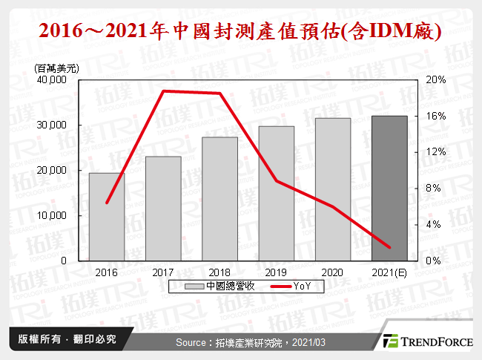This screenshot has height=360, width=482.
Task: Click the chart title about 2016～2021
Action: (241, 32)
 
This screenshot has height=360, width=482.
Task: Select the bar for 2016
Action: (107, 217)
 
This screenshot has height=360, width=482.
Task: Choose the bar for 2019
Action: (277, 193)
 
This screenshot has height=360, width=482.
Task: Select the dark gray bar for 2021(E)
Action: (389, 188)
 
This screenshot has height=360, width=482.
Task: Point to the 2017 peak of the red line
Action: (163, 91)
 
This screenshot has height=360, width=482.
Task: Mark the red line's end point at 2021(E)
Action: (389, 247)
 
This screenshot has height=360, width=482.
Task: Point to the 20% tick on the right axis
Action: (435, 80)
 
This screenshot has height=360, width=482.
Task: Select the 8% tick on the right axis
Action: (433, 189)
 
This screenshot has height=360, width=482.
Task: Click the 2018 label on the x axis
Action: (219, 272)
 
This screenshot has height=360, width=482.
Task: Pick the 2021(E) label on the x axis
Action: (389, 272)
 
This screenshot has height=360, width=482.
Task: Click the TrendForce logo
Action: (426, 341)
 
